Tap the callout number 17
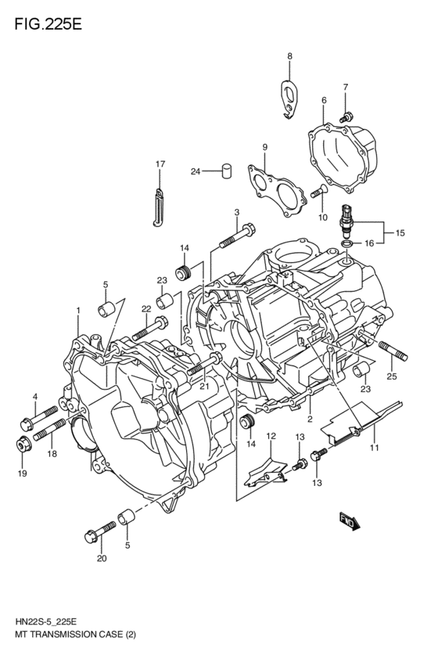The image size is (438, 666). click(160, 164)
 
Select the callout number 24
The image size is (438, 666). click(195, 171)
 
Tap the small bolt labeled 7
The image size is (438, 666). click(345, 116)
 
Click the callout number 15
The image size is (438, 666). click(400, 233)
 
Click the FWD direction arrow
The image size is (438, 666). click(349, 523)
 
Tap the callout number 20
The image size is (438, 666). click(101, 559)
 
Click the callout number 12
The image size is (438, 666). click(271, 435)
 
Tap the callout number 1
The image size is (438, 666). click(78, 311)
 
